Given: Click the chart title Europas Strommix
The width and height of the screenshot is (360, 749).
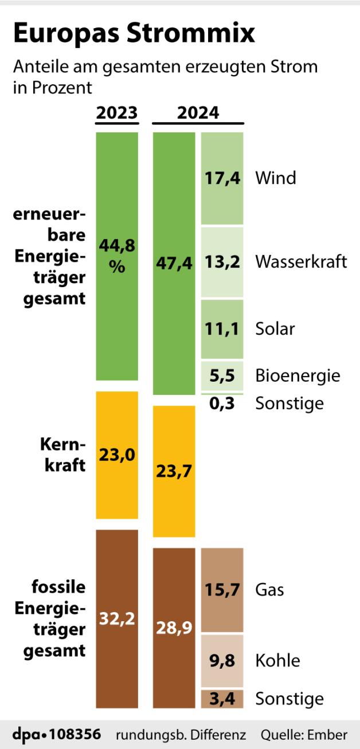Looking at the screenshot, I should point(134,34).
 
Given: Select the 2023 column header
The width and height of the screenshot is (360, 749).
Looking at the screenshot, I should point(117,113).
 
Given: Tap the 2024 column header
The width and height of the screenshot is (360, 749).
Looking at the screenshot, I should point(198,113).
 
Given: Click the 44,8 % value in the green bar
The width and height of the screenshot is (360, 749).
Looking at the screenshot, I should point(117,256).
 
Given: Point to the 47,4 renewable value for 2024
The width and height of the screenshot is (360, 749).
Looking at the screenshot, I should point(174,263).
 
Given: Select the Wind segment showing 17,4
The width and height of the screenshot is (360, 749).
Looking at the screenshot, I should point(222,178).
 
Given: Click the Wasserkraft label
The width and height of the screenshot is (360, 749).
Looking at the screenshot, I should point(301,262).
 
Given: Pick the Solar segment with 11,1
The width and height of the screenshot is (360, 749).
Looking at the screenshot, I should point(222,329).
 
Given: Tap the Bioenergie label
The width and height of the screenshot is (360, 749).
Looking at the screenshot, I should point(298,375).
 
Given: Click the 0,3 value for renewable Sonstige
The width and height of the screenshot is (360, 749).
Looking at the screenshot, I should point(222,403).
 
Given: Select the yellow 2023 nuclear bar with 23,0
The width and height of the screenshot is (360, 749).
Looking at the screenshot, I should point(117,455).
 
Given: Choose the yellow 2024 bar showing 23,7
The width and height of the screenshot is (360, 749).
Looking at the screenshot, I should point(174,471).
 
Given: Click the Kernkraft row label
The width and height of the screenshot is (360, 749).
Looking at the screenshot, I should point(62,454).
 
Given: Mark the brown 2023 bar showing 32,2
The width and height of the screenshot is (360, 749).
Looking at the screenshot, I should point(117,619).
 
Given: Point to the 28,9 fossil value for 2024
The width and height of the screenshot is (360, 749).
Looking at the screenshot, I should point(174,628).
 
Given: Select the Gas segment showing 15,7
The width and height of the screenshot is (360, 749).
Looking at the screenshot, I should point(222,590).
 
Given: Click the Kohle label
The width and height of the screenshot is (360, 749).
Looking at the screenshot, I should point(277,660).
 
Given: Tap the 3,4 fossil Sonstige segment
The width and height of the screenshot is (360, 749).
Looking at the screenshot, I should point(222,699).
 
